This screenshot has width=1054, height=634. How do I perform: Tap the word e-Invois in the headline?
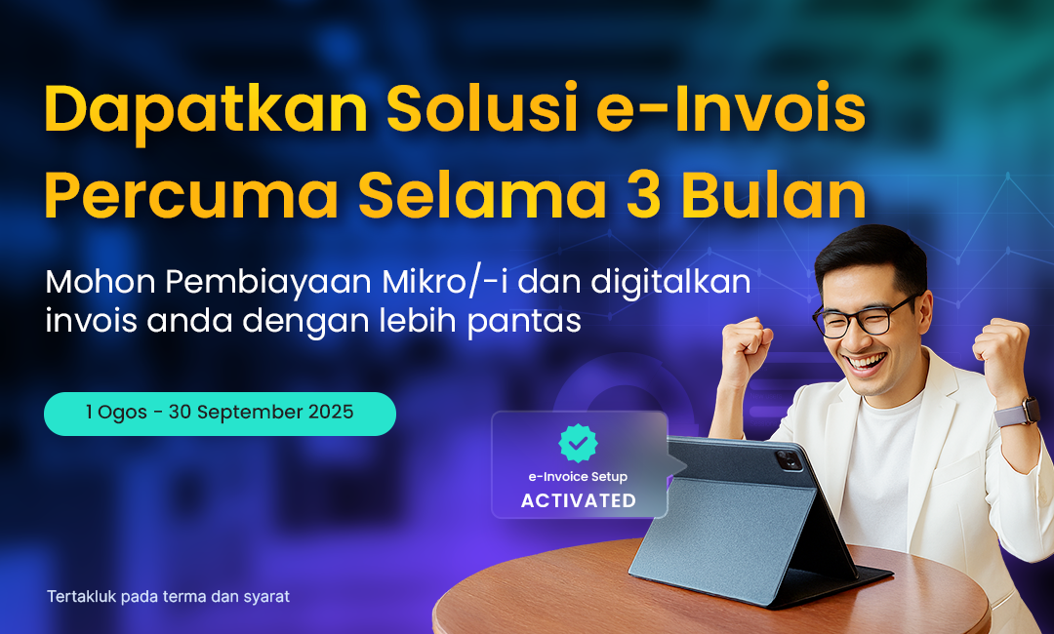coord(731,108)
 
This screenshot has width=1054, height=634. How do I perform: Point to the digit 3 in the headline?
coord(643,195)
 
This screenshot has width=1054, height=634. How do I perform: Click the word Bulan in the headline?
coord(773,194)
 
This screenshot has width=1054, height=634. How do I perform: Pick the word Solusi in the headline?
coord(483,108)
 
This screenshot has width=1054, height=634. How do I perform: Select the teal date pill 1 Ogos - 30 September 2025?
coord(220,414)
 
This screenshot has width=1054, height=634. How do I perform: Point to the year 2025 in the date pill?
coord(331,412)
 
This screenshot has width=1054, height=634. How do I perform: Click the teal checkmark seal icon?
coord(578,443)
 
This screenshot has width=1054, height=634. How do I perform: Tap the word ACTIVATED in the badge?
coord(579,500)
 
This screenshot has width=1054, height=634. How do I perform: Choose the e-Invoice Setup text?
coord(578,476)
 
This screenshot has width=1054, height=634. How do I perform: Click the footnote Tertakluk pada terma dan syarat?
coord(168,596)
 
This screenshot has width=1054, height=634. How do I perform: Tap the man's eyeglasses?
coord(864,316)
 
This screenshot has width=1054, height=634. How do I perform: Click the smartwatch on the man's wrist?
coord(1016,411)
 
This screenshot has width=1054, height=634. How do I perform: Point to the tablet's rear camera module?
coord(788,459)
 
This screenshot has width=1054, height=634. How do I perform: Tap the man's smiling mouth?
coord(866,364)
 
